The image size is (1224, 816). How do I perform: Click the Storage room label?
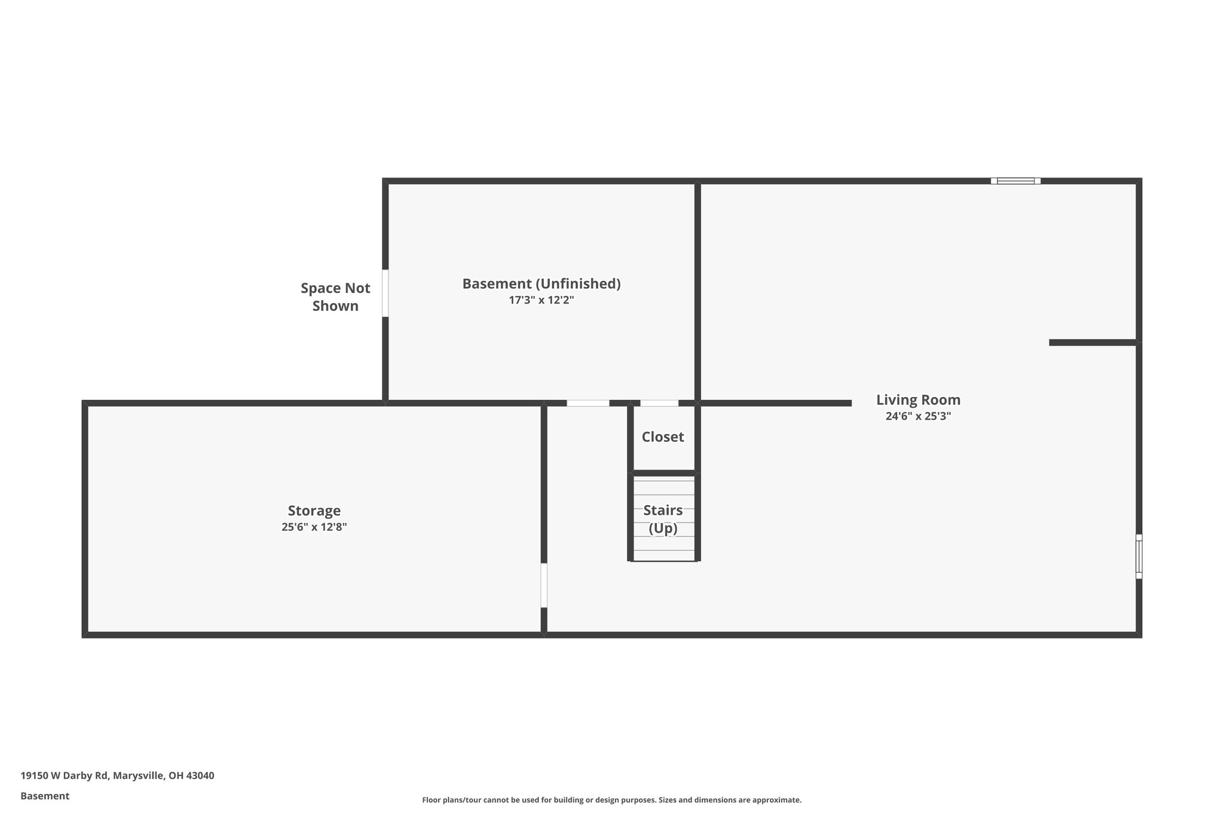click(314, 511)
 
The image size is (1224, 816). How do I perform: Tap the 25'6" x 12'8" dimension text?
click(314, 527)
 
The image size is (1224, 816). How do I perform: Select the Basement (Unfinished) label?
click(541, 283)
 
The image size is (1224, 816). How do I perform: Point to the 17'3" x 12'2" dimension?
click(541, 300)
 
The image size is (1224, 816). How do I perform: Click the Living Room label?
click(918, 400)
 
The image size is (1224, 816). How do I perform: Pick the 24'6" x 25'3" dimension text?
click(918, 417)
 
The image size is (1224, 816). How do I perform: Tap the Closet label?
click(662, 437)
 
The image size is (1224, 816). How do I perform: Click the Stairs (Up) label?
click(663, 519)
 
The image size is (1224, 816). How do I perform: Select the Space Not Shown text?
click(335, 297)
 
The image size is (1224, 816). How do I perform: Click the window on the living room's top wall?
click(1015, 181)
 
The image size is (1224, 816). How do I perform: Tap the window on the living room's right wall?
click(1139, 557)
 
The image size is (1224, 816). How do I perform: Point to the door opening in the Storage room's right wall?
click(544, 585)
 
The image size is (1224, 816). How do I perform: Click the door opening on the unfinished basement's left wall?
click(385, 293)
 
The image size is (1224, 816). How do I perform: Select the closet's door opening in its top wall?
click(659, 403)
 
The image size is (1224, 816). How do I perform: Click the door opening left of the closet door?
click(588, 403)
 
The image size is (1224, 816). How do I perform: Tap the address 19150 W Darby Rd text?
click(65, 775)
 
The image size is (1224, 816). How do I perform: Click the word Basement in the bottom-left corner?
click(45, 796)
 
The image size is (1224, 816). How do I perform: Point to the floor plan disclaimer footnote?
click(611, 800)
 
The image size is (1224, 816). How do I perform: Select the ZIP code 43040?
click(200, 775)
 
